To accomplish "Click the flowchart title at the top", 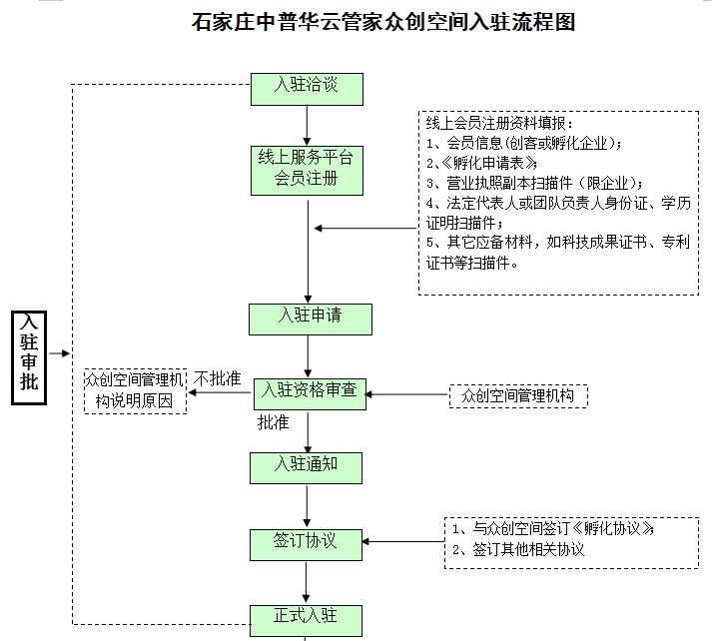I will tap(383, 22).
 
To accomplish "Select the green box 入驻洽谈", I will tap(307, 87).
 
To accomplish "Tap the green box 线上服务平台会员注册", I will tap(307, 169).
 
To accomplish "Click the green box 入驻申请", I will tap(310, 318).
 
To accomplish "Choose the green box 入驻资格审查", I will tap(310, 392).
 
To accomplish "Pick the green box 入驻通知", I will tap(306, 465).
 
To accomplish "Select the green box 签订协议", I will tap(306, 543).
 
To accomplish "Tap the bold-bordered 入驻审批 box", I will tap(30, 354).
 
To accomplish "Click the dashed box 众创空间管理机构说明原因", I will tap(135, 390).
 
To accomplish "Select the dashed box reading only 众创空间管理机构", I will tap(518, 395).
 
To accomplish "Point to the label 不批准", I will tap(218, 379).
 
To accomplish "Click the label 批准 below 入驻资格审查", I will tap(274, 423).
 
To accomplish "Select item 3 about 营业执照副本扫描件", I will tap(534, 183).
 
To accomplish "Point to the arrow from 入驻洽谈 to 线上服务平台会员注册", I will tap(307, 125).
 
